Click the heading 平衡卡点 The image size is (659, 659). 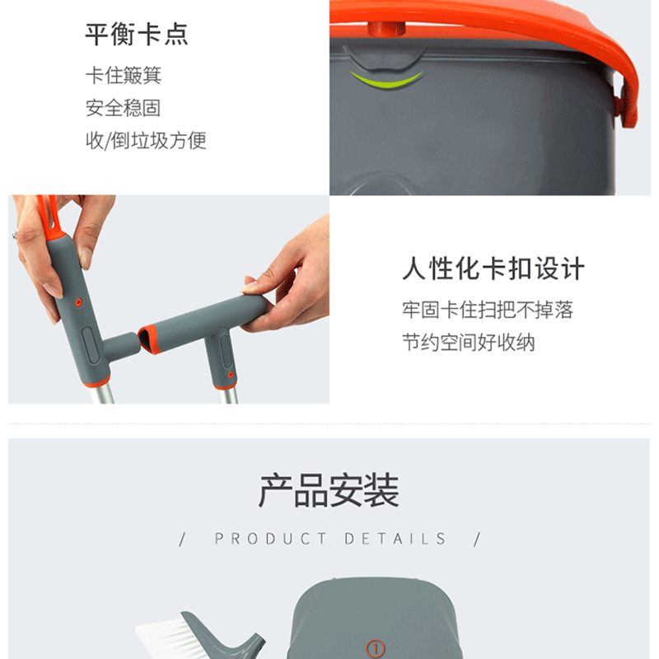coord(137,34)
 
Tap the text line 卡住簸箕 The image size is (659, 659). coord(124,75)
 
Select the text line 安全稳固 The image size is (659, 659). coord(123,108)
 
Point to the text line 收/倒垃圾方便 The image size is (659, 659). coord(146,140)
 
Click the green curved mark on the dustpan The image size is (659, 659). coord(386,80)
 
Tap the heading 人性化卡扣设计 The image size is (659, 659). coord(493,269)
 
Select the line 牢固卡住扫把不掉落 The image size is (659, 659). coord(488,310)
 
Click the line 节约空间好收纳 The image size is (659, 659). coord(469,342)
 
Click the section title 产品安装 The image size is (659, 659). coord(329,490)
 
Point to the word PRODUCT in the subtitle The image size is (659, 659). coord(270,539)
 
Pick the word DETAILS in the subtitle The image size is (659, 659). coord(395,539)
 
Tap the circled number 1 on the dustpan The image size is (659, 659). coord(375,648)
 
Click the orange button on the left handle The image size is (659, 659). coord(78,302)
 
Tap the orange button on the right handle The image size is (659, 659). coord(231,375)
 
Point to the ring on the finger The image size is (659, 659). coord(14,234)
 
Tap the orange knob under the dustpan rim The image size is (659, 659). coord(386,30)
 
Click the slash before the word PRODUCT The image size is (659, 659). coord(182,540)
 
